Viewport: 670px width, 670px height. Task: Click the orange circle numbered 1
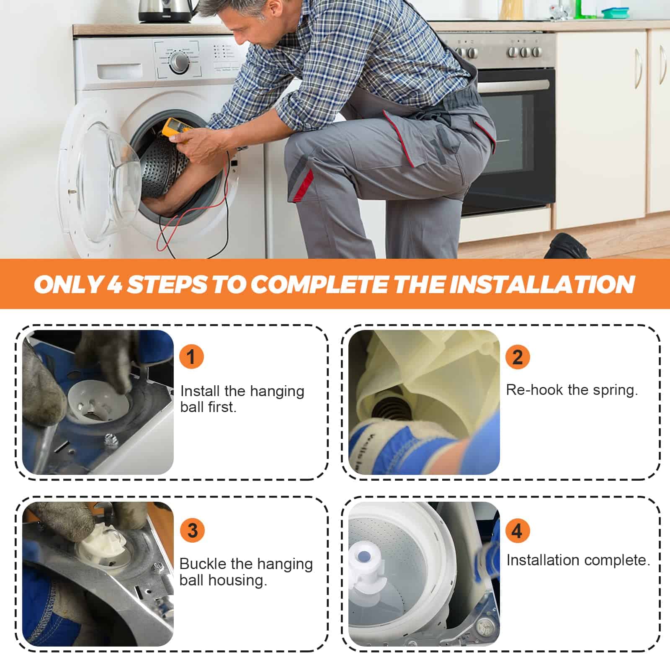tap(191, 357)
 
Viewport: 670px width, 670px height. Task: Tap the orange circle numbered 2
tap(518, 357)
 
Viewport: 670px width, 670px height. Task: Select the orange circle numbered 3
tap(192, 530)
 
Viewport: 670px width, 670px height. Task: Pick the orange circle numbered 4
tap(518, 530)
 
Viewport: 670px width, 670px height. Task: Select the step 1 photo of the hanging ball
tap(98, 402)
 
